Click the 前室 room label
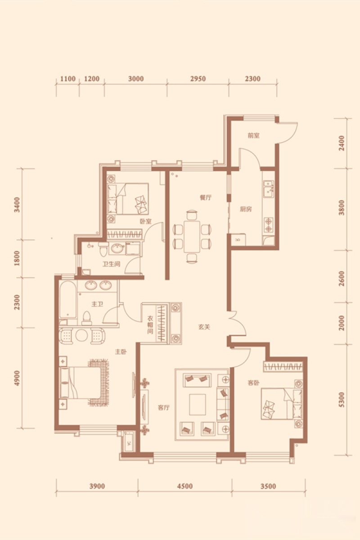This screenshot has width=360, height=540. click(254, 135)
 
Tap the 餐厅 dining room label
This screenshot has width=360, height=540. click(205, 198)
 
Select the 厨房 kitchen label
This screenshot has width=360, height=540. click(246, 209)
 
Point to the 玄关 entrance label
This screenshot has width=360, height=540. click(204, 327)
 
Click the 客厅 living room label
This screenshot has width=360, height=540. click(164, 408)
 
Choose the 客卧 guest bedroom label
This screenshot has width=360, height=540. click(254, 382)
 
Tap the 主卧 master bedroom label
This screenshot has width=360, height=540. click(121, 352)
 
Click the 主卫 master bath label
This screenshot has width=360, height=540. click(97, 305)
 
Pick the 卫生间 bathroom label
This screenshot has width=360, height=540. click(112, 265)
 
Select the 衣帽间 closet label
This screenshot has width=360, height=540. click(150, 325)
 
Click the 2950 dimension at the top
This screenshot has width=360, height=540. click(198, 79)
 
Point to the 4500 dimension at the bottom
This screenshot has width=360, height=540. click(185, 486)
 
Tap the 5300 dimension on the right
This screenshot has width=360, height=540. click(342, 400)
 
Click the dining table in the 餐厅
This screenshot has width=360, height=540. click(192, 236)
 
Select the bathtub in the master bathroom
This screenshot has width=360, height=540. click(68, 300)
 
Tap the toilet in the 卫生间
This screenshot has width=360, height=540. click(103, 249)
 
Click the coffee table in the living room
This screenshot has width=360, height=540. click(198, 405)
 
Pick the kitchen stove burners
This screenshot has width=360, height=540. click(268, 225)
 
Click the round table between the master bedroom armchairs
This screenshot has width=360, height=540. click(81, 335)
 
